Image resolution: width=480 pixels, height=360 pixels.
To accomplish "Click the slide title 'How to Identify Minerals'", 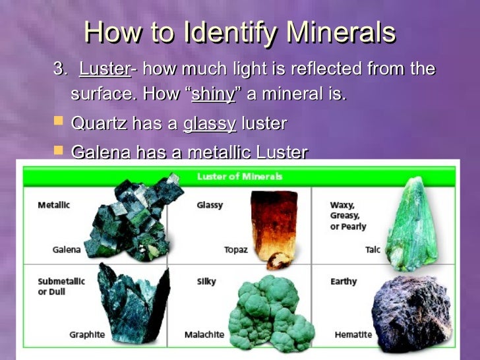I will [x=240, y=32].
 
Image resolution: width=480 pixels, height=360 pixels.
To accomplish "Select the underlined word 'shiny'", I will [x=213, y=94].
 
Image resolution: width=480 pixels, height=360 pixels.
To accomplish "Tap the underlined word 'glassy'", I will [x=209, y=123].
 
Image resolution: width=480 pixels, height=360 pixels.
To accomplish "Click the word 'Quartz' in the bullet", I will [x=98, y=123].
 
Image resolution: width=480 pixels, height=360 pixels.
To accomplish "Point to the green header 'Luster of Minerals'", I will [x=240, y=176].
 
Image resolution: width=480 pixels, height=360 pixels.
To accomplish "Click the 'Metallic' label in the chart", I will [x=54, y=205].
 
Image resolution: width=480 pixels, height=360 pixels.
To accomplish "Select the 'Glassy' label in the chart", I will [x=209, y=205].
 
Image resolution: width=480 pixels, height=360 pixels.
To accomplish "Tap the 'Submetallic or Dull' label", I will [x=61, y=286].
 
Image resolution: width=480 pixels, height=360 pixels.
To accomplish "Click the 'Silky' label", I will [x=206, y=282].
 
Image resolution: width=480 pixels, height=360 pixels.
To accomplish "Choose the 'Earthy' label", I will [x=344, y=282].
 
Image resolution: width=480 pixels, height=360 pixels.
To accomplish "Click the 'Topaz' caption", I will [x=236, y=250].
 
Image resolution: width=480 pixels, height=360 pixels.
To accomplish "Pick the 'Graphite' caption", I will [x=87, y=335].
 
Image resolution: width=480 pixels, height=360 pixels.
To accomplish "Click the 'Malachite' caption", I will [x=204, y=335].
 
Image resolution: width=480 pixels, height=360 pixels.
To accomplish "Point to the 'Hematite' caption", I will [x=353, y=335].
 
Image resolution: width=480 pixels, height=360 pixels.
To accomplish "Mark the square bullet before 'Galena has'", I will [x=58, y=151].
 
